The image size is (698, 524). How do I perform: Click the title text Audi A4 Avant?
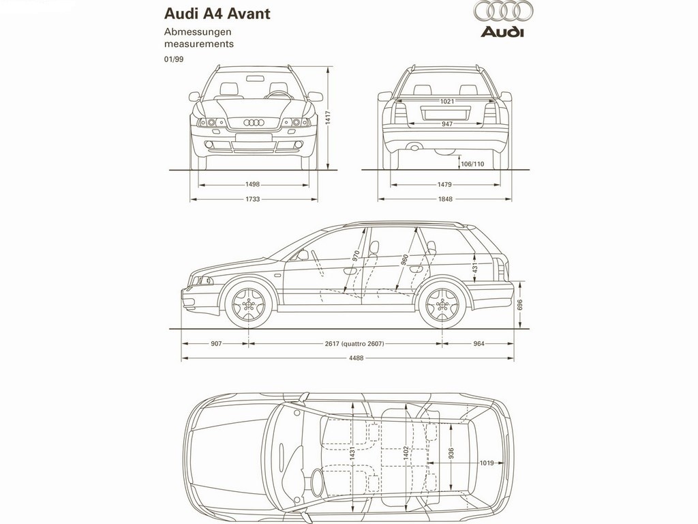pyautogui.click(x=217, y=14)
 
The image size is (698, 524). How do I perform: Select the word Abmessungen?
pyautogui.click(x=198, y=32)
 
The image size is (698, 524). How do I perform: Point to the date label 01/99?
pyautogui.click(x=174, y=59)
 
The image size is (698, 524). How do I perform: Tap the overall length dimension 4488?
pyautogui.click(x=356, y=358)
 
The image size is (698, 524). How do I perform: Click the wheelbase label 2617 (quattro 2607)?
pyautogui.click(x=354, y=344)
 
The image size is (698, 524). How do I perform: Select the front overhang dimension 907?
pyautogui.click(x=216, y=344)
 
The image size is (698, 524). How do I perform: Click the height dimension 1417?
pyautogui.click(x=327, y=118)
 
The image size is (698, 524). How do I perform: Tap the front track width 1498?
pyautogui.click(x=252, y=184)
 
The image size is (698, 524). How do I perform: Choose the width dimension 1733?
pyautogui.click(x=252, y=199)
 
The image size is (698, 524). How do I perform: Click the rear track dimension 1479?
pyautogui.click(x=444, y=184)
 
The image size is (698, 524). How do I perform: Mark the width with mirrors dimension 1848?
pyautogui.click(x=445, y=199)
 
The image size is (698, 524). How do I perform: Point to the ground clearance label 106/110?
pyautogui.click(x=472, y=164)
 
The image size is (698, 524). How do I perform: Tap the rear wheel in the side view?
pyautogui.click(x=442, y=305)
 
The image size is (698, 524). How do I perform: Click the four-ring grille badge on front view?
pyautogui.click(x=254, y=122)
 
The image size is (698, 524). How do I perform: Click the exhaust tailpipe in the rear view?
pyautogui.click(x=414, y=146)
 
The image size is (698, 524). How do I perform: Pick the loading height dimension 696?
pyautogui.click(x=520, y=305)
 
